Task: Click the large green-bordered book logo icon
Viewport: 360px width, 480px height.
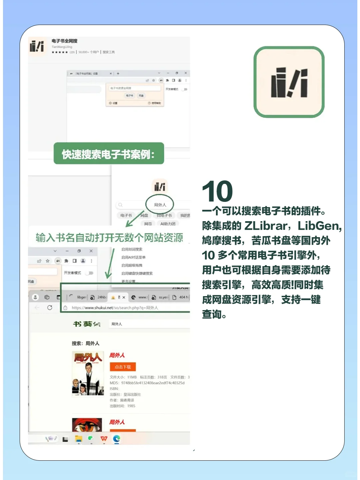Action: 289,82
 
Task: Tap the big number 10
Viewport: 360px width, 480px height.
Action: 217,191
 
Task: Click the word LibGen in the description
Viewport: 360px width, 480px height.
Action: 319,226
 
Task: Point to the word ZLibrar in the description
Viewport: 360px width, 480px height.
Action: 266,226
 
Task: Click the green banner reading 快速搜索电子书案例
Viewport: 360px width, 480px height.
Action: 109,154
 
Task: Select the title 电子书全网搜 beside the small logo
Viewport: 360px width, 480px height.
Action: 64,41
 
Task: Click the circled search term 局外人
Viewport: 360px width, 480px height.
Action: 160,205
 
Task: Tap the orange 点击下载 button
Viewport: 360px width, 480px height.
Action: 123,367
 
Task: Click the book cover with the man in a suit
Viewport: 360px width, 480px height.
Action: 88,373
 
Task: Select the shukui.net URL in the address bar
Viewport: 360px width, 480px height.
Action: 115,308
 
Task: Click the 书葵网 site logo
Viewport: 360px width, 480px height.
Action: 86,324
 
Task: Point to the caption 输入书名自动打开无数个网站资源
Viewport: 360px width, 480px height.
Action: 109,238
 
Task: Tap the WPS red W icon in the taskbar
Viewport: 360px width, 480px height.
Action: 104,439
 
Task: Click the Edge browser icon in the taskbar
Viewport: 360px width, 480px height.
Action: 116,439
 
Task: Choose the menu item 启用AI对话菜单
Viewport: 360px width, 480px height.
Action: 133,257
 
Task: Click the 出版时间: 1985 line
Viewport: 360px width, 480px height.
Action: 123,406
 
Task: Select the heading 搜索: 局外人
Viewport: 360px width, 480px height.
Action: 86,343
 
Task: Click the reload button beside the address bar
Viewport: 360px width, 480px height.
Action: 50,307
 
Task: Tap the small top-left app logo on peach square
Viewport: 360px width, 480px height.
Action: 37,46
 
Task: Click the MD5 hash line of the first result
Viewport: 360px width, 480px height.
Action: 147,383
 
